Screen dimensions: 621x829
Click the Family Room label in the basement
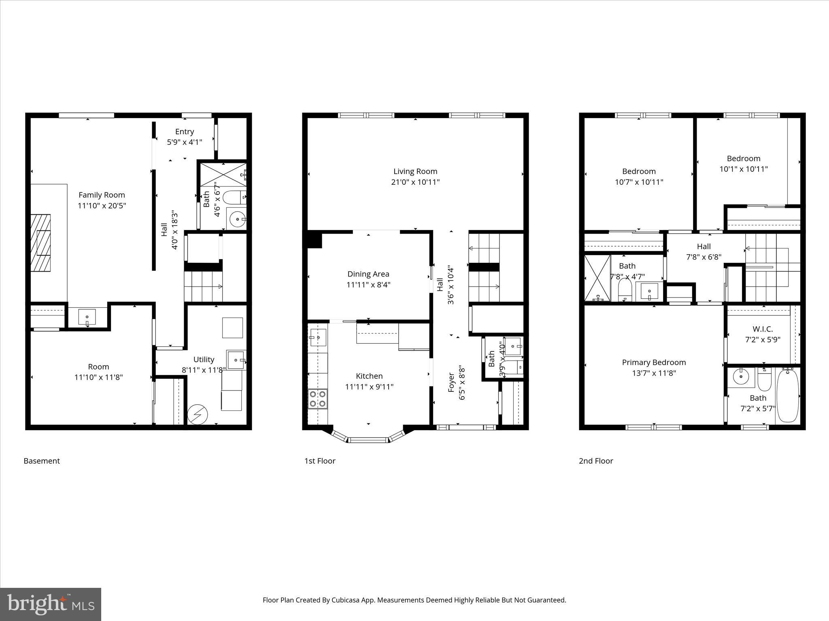point(102,195)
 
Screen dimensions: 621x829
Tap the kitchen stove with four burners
point(318,399)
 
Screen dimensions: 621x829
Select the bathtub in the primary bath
point(787,395)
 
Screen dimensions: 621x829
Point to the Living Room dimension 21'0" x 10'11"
point(415,182)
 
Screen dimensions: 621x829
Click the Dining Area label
point(368,274)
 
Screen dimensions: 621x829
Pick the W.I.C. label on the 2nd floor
point(763,329)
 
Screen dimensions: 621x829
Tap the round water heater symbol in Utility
point(198,414)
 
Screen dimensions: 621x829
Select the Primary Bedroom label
point(654,362)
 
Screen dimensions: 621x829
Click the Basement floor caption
point(42,461)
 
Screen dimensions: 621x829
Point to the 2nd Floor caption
point(596,461)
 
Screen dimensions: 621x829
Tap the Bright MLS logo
point(51,604)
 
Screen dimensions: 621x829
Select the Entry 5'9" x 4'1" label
point(185,137)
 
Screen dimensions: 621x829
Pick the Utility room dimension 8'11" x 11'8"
point(204,370)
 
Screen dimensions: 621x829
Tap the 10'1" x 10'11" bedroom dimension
point(743,169)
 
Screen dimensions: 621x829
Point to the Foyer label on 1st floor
point(452,382)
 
